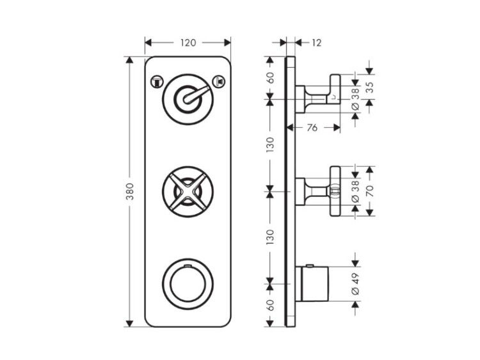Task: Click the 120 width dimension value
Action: click(x=188, y=42)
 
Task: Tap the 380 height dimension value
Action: click(x=130, y=191)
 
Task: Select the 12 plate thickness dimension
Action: click(x=317, y=43)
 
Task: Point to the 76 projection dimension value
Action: click(x=312, y=127)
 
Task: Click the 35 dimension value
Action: click(x=369, y=88)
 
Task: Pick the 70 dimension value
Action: click(x=370, y=191)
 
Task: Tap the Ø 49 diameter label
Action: click(x=355, y=283)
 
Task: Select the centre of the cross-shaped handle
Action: click(x=188, y=192)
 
